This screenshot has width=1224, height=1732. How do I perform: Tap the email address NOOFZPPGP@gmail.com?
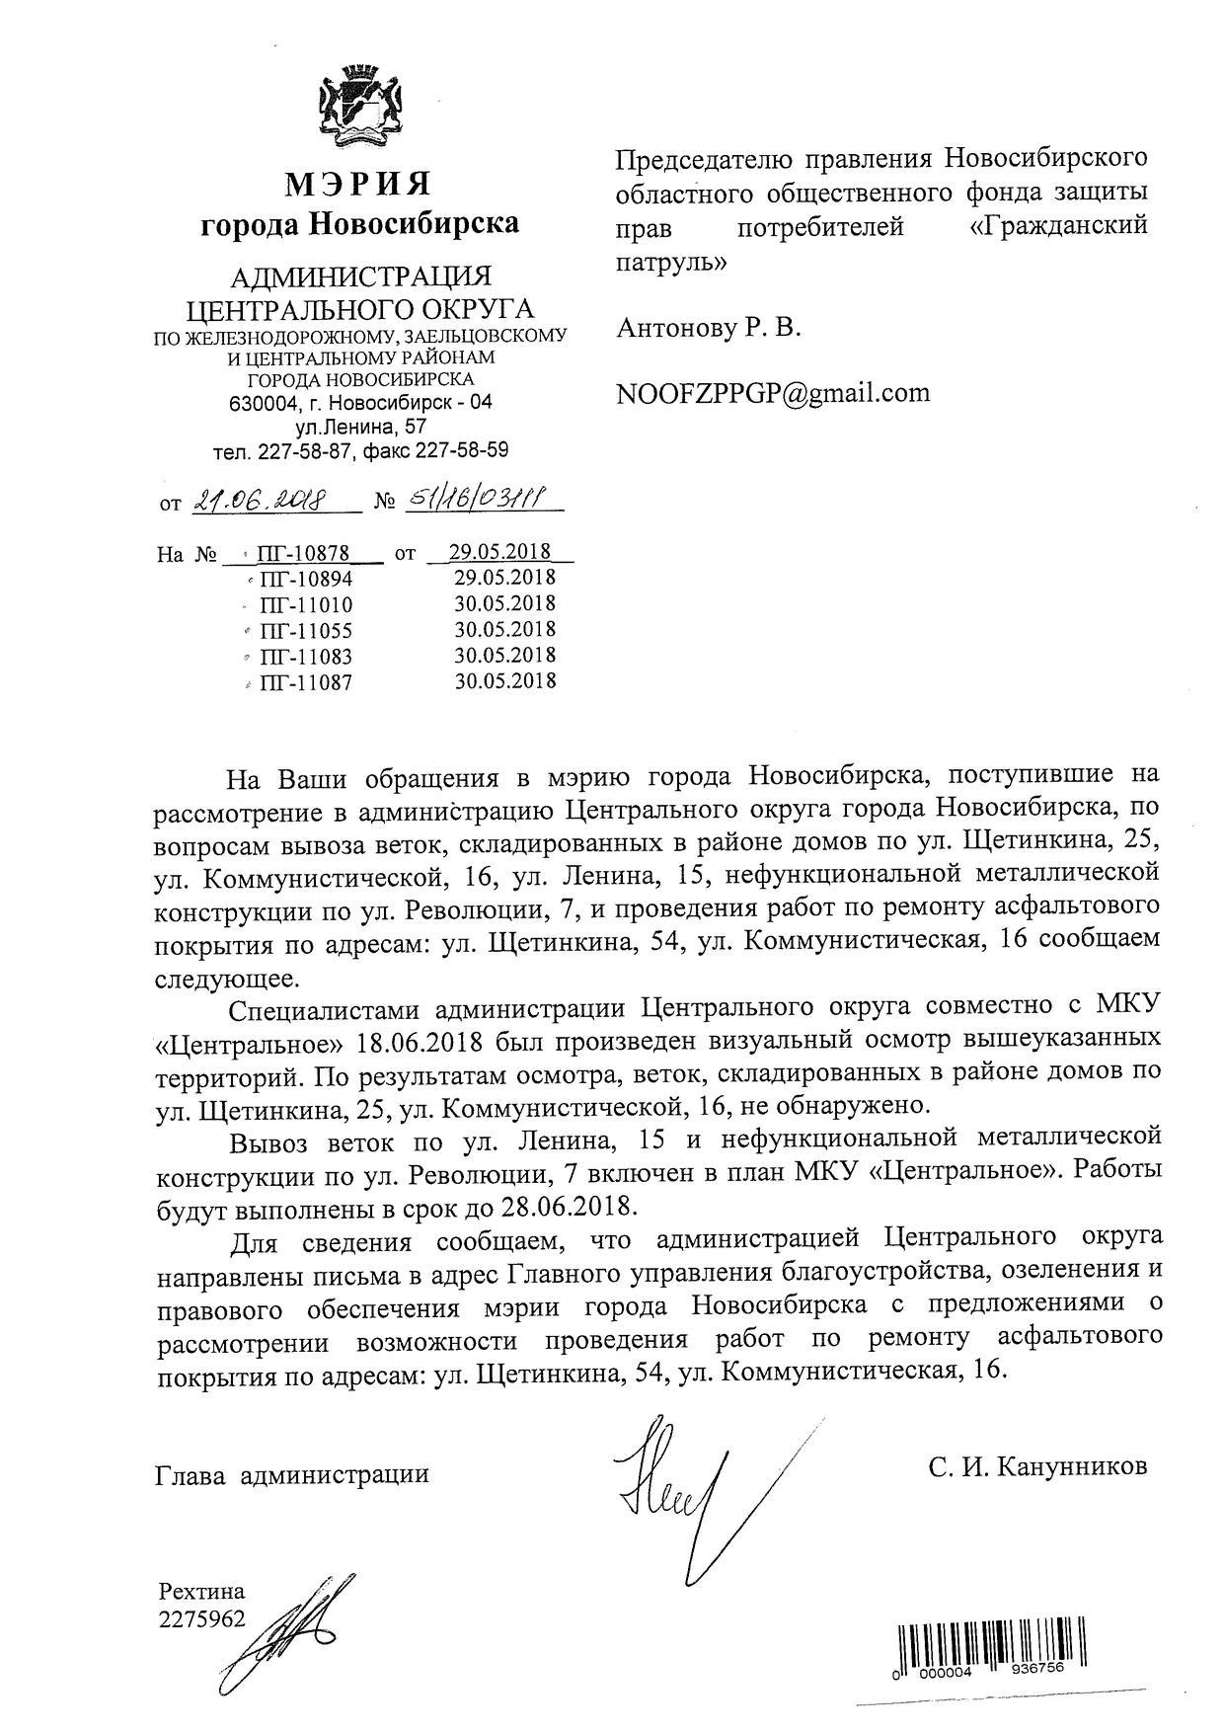773,393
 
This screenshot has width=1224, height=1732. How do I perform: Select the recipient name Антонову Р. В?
708,329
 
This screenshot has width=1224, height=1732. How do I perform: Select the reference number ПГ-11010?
305,604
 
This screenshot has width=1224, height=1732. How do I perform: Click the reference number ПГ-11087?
305,681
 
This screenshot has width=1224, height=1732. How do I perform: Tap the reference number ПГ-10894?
305,579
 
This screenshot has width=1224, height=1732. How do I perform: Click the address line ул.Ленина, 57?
361,427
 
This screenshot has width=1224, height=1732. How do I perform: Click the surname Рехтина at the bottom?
201,1591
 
